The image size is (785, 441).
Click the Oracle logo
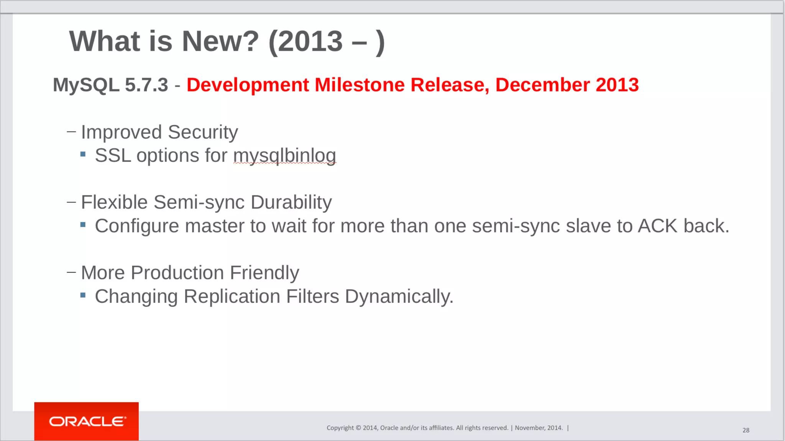(87, 421)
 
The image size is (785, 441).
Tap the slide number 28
(746, 430)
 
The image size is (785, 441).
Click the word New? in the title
(220, 41)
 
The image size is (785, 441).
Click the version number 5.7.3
(146, 85)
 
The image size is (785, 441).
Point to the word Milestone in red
(359, 85)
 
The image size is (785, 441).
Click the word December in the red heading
(542, 85)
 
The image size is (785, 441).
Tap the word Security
(203, 132)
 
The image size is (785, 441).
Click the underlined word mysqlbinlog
(284, 156)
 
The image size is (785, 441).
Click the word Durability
(291, 202)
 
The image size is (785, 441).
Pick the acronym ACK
(657, 226)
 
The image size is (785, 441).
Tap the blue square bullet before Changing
(83, 295)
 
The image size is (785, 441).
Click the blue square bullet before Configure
(83, 224)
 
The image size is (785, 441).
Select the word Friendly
(264, 273)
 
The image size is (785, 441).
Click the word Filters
(312, 296)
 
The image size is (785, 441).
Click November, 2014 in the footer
(539, 428)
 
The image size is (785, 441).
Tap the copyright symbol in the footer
(358, 428)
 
